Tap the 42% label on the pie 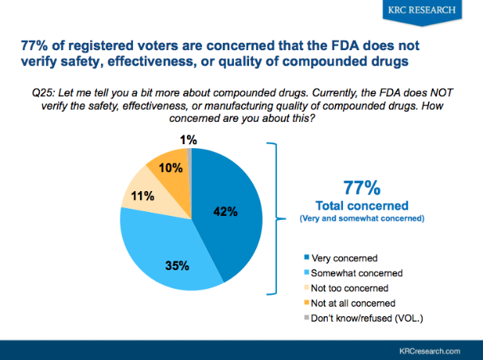pyautogui.click(x=226, y=211)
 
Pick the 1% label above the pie pyautogui.click(x=189, y=140)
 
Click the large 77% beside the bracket pyautogui.click(x=360, y=188)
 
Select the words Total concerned pyautogui.click(x=360, y=205)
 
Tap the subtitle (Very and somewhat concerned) pyautogui.click(x=360, y=218)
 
